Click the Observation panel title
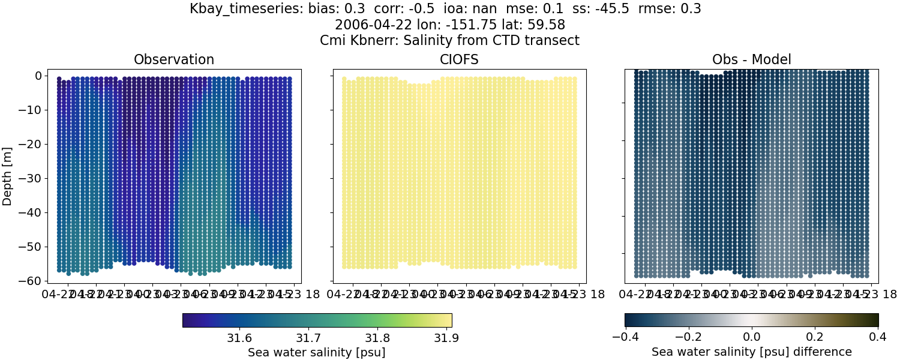coord(174,59)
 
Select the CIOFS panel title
coord(460,59)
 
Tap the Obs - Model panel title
coord(751,59)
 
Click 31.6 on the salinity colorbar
coord(239,337)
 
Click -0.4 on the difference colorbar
coord(625,337)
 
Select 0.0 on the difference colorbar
coord(751,337)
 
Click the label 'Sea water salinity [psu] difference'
coord(751,352)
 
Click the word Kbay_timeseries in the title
coord(238,9)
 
